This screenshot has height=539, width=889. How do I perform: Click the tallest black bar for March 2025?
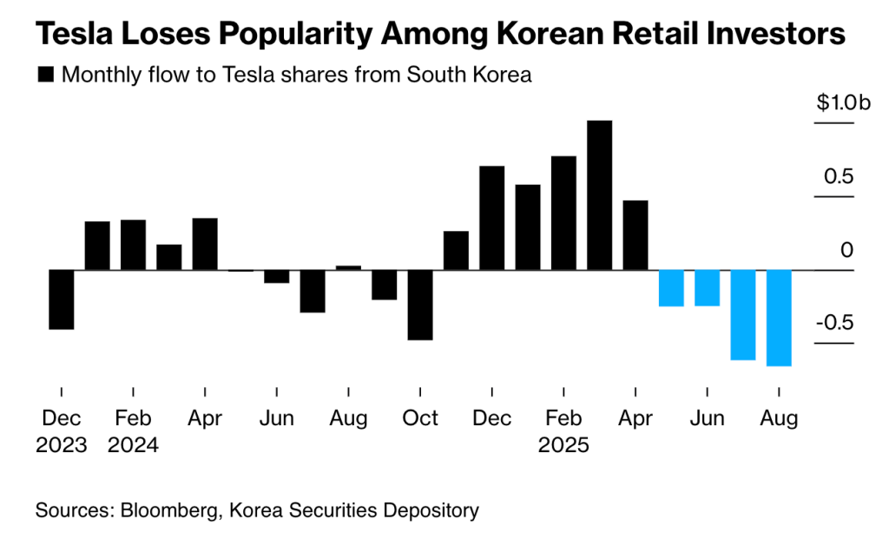pos(600,195)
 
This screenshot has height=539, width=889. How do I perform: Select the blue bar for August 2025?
pos(779,318)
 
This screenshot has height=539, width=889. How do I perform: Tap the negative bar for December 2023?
pos(61,299)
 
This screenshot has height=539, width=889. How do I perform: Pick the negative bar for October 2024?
pos(420,305)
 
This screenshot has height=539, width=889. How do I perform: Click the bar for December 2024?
pos(492,218)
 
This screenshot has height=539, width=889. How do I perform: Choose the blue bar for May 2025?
pos(671,288)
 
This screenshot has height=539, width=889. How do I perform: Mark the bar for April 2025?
pos(635,235)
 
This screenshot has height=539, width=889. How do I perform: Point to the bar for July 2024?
pos(313,291)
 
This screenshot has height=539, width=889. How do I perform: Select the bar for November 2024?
pos(456,251)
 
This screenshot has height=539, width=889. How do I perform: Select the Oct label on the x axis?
pos(420,418)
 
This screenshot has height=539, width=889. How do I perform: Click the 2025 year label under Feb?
pos(563,446)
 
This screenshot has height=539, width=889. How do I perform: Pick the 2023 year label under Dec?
pos(61,446)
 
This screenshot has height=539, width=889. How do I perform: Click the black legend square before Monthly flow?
pos(44,76)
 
